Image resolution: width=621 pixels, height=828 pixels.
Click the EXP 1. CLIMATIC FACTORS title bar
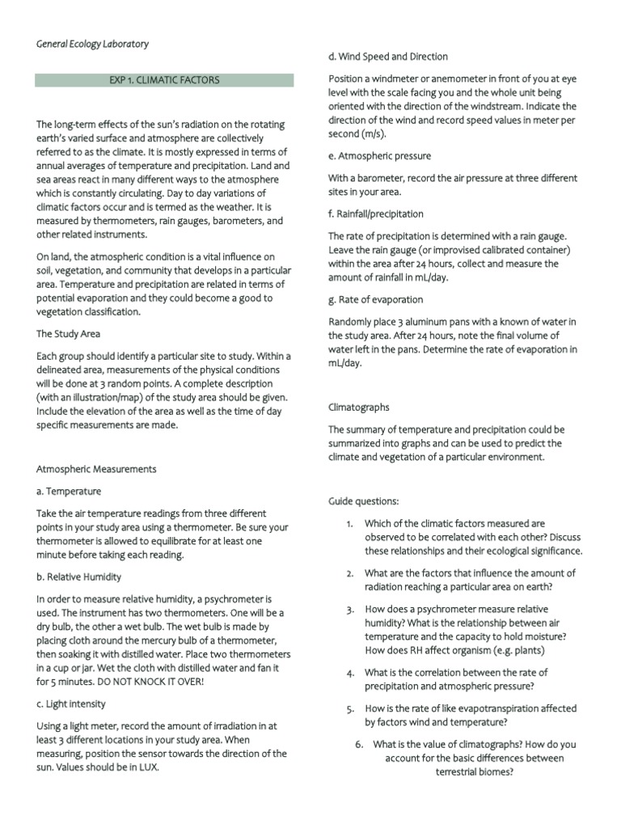[164, 80]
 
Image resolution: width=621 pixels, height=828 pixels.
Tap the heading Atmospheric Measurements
[96, 468]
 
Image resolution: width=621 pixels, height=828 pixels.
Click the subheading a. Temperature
[69, 491]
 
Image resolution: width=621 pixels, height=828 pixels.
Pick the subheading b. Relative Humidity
[78, 577]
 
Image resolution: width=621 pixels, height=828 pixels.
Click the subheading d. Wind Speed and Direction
[387, 57]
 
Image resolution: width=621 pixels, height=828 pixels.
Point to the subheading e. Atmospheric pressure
[379, 155]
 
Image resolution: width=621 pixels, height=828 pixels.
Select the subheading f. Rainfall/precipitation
[375, 213]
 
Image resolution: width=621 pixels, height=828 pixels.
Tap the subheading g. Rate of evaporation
[375, 299]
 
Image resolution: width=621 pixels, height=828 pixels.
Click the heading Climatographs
[358, 408]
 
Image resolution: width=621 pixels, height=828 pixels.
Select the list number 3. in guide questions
[350, 609]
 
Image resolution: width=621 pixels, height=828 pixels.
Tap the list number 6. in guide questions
[360, 745]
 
